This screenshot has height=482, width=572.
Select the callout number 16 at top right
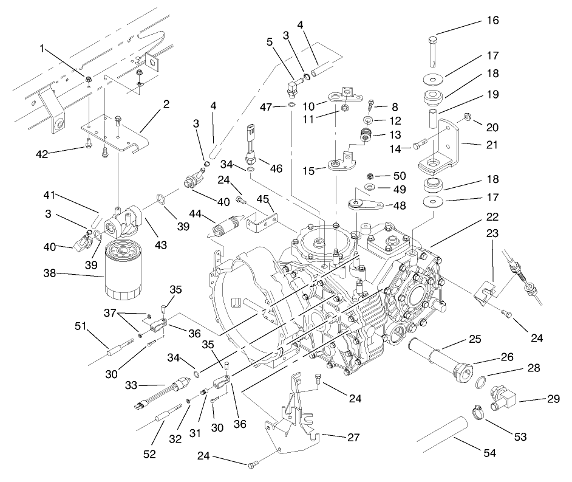click(x=492, y=20)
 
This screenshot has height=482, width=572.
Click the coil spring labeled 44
click(x=224, y=228)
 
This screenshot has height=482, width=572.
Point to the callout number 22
click(x=492, y=216)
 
